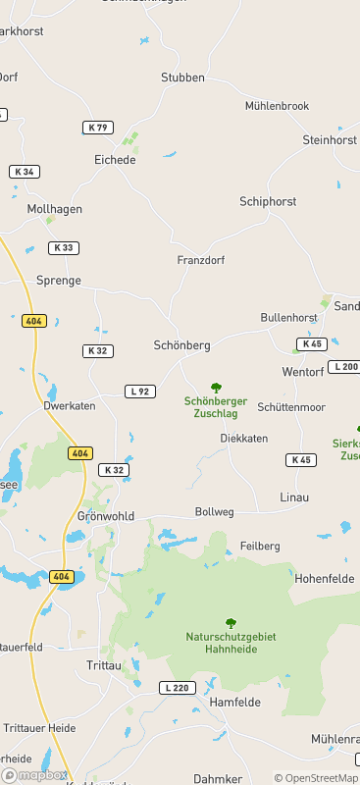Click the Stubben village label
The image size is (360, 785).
[182, 77]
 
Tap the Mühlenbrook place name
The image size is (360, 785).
[277, 106]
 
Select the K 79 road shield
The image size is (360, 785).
[97, 128]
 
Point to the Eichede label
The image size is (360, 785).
[115, 159]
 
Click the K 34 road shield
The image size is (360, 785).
[25, 172]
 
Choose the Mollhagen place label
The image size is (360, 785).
[55, 209]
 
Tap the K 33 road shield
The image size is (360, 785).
[64, 247]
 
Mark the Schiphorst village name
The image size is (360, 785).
[268, 201]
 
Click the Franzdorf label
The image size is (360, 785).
[201, 260]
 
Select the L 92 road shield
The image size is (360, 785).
[140, 392]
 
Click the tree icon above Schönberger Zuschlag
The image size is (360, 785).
[216, 388]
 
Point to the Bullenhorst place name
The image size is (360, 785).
[288, 318]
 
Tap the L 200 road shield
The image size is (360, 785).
[344, 367]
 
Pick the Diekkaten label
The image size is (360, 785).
[243, 439]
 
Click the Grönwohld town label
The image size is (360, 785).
[105, 516]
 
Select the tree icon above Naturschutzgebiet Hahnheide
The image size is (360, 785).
[231, 623]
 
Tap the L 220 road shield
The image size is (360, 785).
[176, 688]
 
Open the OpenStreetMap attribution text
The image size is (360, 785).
[315, 778]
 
